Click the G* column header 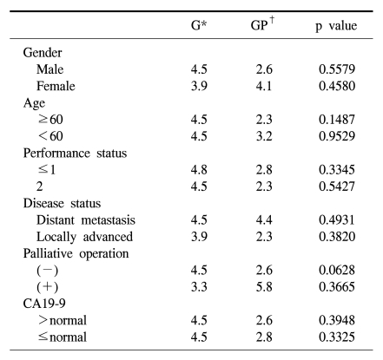pyautogui.click(x=199, y=25)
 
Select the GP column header pyautogui.click(x=262, y=24)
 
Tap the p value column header pyautogui.click(x=336, y=26)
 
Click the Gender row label pyautogui.click(x=43, y=53)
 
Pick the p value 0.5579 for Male pyautogui.click(x=337, y=69)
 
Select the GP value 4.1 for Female pyautogui.click(x=264, y=86)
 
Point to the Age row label pyautogui.click(x=34, y=103)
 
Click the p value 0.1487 pyautogui.click(x=337, y=120)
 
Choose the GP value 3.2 pyautogui.click(x=264, y=136)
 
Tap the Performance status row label pyautogui.click(x=75, y=154)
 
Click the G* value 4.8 pyautogui.click(x=199, y=170)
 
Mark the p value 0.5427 pyautogui.click(x=337, y=187)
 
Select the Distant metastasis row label pyautogui.click(x=86, y=220)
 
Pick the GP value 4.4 pyautogui.click(x=264, y=220)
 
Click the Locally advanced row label pyautogui.click(x=84, y=237)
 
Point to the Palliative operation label pyautogui.click(x=76, y=254)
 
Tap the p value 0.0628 pyautogui.click(x=337, y=271)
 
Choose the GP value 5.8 pyautogui.click(x=264, y=287)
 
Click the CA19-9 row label pyautogui.click(x=44, y=304)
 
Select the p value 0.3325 pyautogui.click(x=337, y=337)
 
